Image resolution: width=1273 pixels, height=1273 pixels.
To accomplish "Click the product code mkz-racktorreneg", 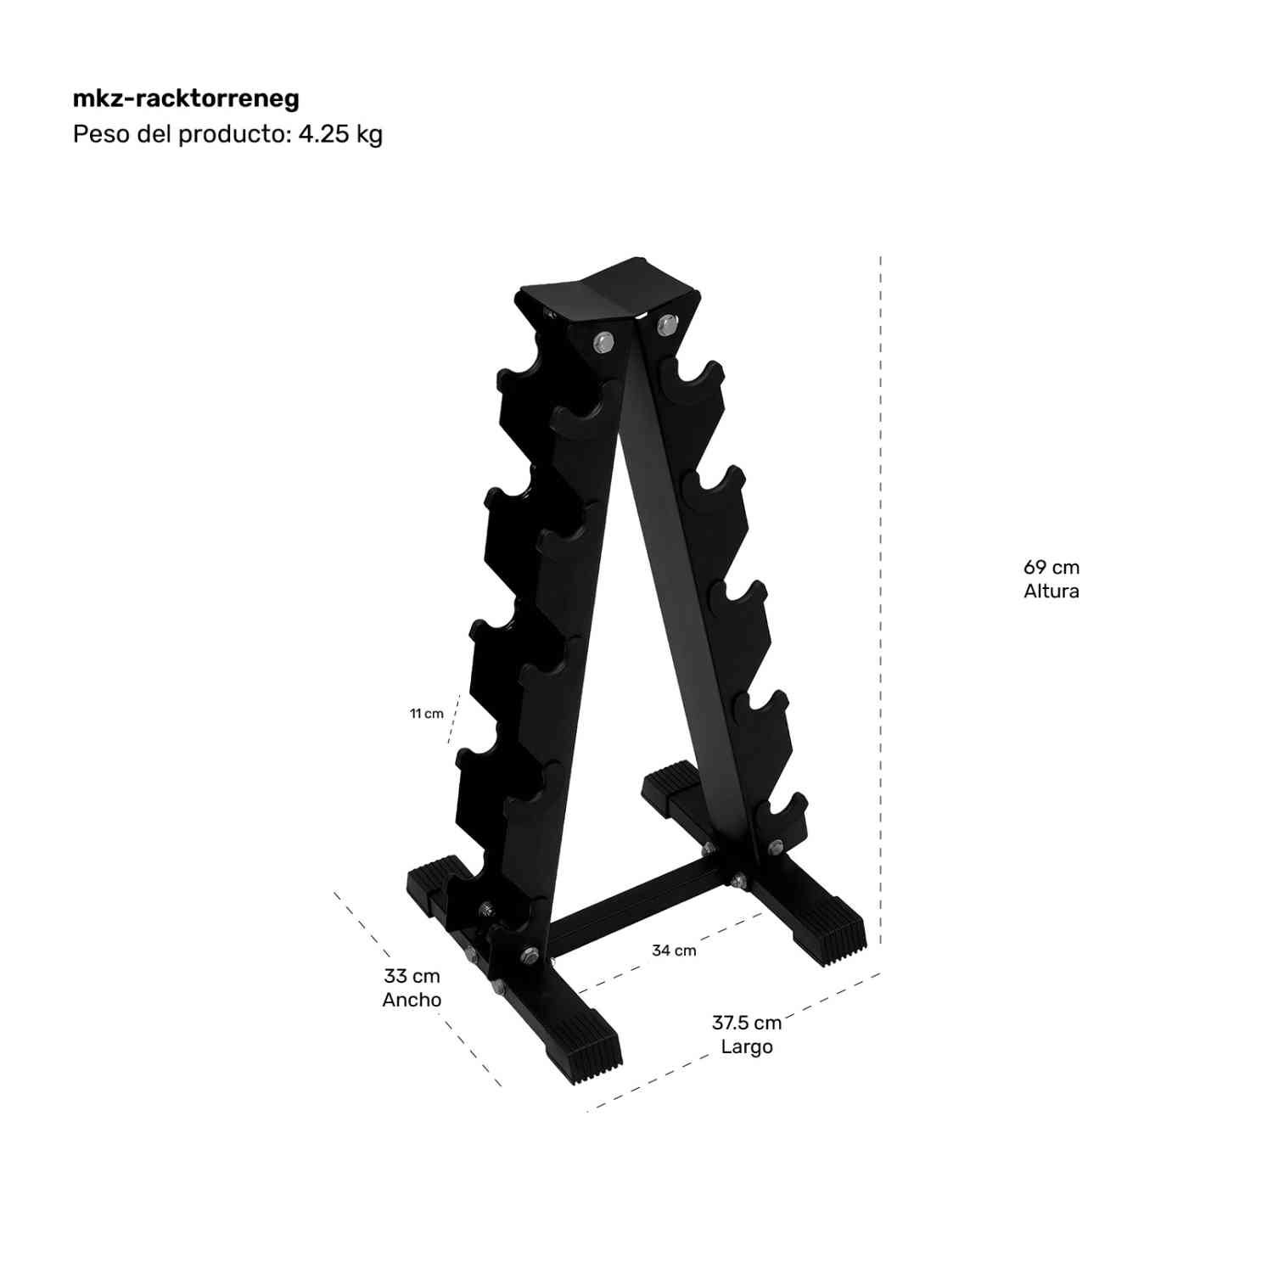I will [186, 98].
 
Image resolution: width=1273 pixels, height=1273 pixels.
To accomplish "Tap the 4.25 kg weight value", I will [339, 134].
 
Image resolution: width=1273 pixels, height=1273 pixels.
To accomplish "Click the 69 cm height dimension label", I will [1051, 567].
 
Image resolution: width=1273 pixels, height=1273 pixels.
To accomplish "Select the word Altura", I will [1051, 592].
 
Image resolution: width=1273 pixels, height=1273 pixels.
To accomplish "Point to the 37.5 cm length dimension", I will [746, 1023].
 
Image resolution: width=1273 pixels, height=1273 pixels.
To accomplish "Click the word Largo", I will [747, 1046].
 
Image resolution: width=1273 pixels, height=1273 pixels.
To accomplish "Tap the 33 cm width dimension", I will [412, 976].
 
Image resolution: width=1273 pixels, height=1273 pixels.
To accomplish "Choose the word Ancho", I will [412, 1000].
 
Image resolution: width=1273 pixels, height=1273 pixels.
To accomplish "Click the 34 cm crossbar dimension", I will [674, 951].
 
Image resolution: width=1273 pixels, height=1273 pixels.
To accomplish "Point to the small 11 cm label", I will [427, 714].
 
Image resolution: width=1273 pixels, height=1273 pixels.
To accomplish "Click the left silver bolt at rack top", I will [603, 341].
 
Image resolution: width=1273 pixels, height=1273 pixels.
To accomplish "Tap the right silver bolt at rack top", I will [667, 322].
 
